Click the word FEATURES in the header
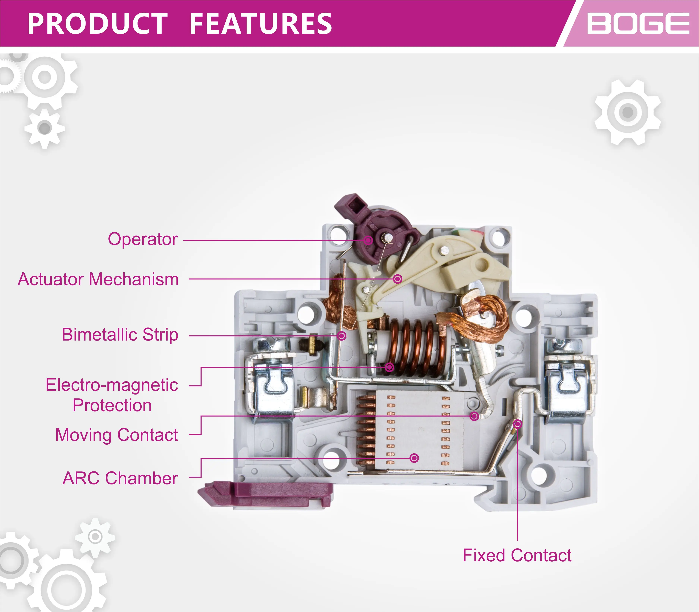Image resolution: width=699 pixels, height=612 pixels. (261, 24)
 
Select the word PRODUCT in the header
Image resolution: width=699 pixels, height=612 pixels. (97, 24)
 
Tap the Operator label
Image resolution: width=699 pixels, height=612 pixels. (143, 239)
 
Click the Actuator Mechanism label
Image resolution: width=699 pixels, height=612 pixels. (98, 279)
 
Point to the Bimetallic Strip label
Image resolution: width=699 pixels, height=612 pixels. (120, 335)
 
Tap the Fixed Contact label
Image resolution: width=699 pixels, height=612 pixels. (517, 556)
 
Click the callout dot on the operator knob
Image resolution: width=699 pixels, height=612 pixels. (368, 240)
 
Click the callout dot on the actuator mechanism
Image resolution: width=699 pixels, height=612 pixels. (397, 279)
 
